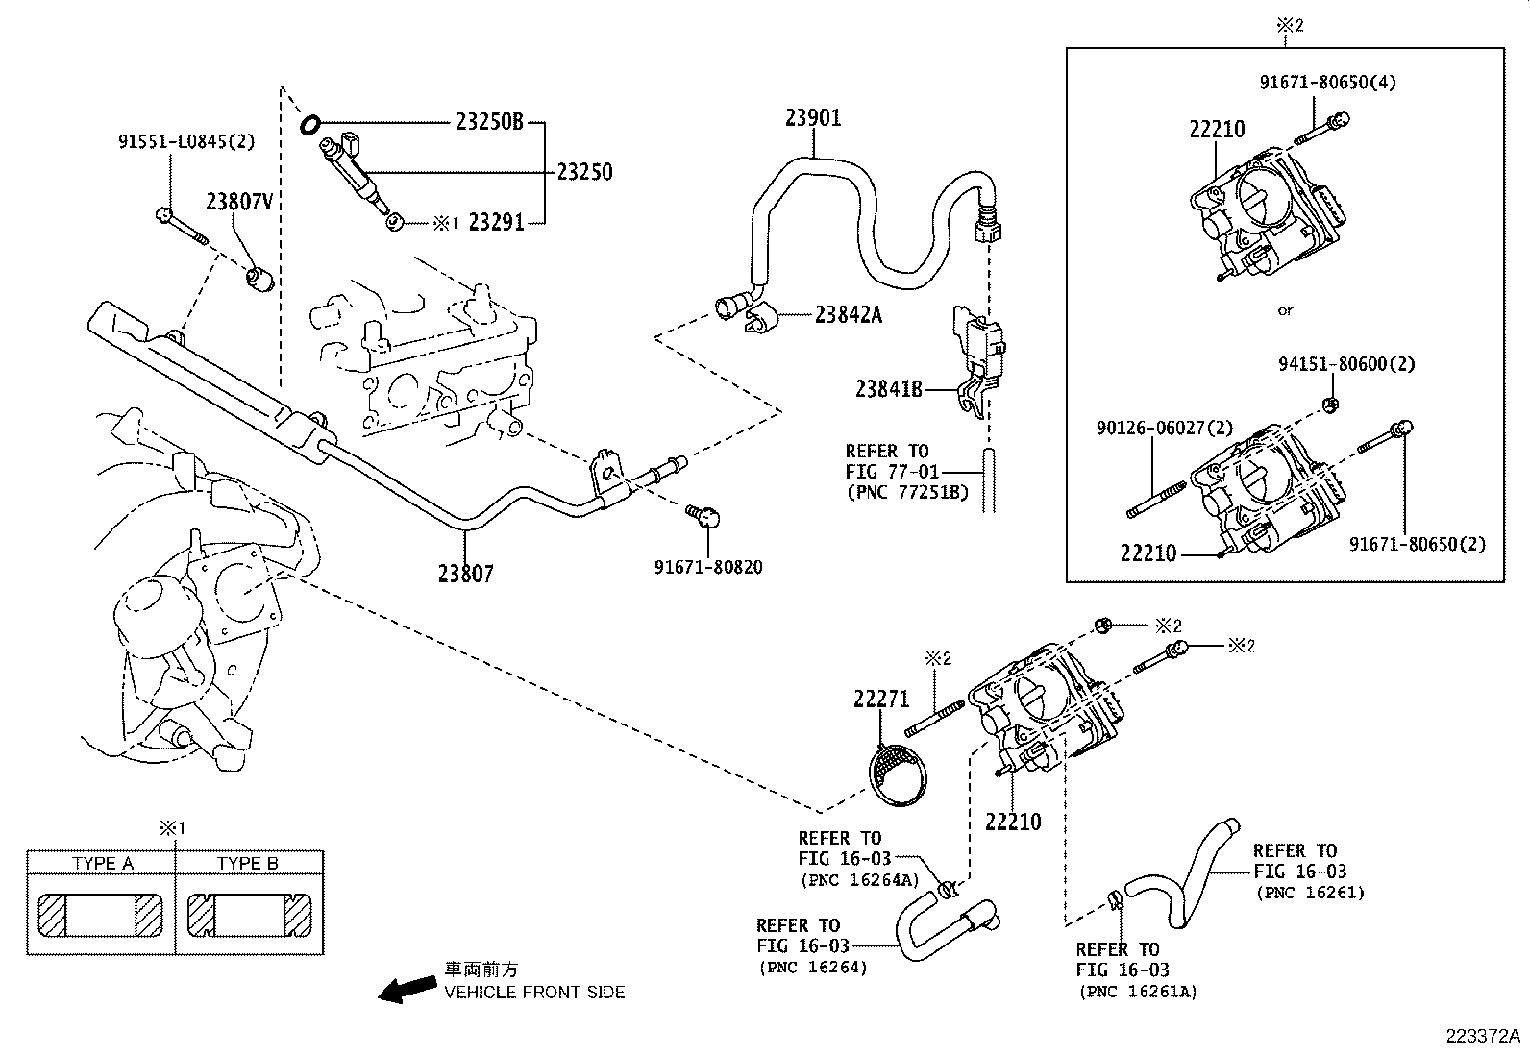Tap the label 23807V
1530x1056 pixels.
click(x=238, y=202)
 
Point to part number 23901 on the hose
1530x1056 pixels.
click(x=813, y=117)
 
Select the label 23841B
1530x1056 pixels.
click(x=889, y=389)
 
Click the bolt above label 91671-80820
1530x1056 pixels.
click(x=705, y=518)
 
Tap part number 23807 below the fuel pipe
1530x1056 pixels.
click(x=465, y=574)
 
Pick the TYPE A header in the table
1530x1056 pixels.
click(x=102, y=863)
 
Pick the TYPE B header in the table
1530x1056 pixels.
click(x=248, y=863)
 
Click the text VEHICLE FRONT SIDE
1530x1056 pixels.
click(x=534, y=992)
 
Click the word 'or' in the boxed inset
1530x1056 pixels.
click(x=1285, y=310)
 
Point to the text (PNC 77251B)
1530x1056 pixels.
click(x=907, y=493)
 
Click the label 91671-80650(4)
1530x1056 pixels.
click(x=1327, y=82)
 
